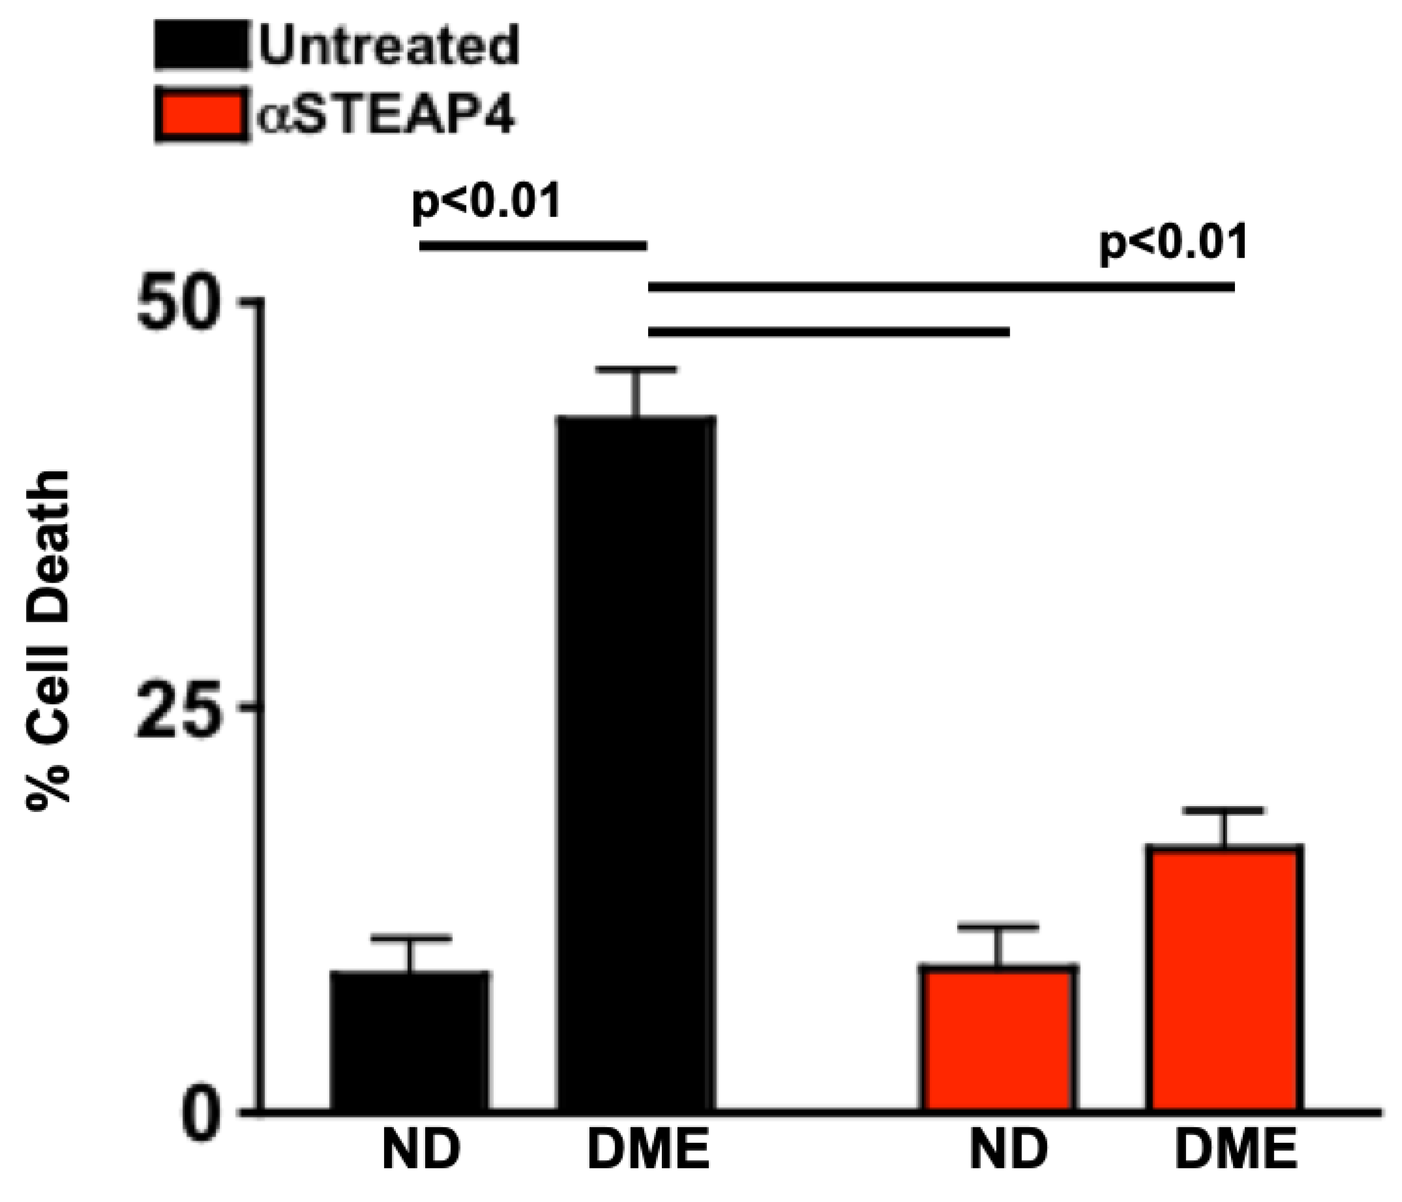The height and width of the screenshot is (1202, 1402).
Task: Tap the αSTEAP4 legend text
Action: point(386,115)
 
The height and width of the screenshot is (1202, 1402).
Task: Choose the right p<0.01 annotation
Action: point(1173,243)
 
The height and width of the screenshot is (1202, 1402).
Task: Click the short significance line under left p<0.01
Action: point(533,245)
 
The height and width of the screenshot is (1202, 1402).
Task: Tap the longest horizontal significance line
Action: point(941,288)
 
